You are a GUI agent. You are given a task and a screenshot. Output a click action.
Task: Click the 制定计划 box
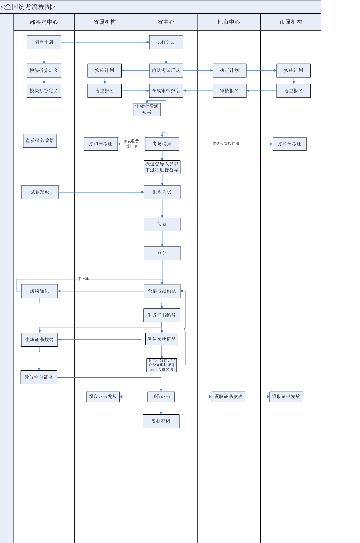tap(44, 42)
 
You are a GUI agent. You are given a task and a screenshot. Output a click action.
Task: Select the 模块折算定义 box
tap(44, 70)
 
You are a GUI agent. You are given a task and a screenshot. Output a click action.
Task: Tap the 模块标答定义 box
tap(44, 91)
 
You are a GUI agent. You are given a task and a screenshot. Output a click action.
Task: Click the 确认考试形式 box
tap(166, 70)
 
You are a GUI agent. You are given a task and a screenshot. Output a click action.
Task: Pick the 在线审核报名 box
tap(166, 91)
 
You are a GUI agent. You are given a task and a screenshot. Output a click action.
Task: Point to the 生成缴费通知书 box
tap(147, 109)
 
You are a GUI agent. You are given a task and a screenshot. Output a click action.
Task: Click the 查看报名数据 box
tap(40, 140)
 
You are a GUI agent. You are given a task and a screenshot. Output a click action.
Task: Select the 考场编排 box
tap(162, 144)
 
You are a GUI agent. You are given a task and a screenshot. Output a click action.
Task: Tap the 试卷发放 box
tap(40, 192)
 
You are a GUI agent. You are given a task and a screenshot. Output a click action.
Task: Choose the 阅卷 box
tap(162, 225)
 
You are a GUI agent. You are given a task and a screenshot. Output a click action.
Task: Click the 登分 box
tap(162, 253)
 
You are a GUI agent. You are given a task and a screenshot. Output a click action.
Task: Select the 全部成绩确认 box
tap(162, 291)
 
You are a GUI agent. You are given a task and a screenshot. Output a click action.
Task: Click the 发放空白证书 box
tap(39, 377)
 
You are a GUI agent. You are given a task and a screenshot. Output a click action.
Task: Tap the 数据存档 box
tap(161, 421)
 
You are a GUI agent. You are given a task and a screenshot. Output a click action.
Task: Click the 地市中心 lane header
tap(229, 22)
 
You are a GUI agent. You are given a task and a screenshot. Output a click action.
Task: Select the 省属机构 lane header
tap(105, 22)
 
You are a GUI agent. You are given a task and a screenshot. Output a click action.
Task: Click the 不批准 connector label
tap(83, 279)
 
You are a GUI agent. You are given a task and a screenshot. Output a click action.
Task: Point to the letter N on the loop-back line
tap(185, 330)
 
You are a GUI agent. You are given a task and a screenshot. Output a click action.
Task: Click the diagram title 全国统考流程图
tap(28, 7)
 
